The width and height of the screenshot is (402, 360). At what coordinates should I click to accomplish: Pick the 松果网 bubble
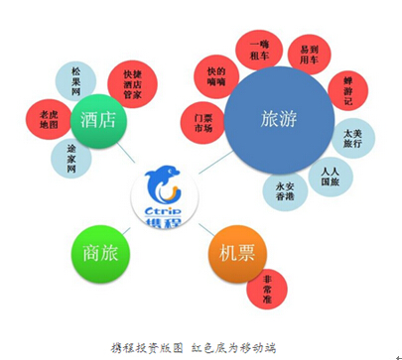74,80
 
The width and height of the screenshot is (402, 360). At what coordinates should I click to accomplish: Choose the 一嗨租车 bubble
260,50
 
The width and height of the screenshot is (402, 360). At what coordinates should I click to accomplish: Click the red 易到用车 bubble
311,53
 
